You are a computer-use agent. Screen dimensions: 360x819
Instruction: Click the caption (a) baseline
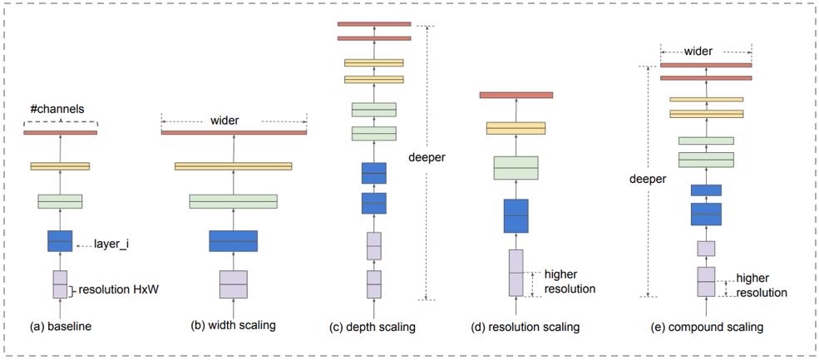tap(60, 327)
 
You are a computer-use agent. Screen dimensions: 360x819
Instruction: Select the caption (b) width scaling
tap(233, 326)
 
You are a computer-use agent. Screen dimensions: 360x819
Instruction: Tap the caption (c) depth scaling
tap(372, 327)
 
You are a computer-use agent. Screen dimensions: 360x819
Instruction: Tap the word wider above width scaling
tap(224, 121)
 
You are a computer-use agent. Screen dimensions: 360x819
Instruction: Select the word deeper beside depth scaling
tap(427, 157)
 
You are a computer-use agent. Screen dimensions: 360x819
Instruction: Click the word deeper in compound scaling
tap(648, 178)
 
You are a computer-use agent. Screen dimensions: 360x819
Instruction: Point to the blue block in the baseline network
tap(60, 241)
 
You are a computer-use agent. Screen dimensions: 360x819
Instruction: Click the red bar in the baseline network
tap(61, 133)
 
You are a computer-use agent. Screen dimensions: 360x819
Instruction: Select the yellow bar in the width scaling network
tap(233, 166)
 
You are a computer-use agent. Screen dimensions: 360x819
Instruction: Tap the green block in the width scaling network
tap(233, 201)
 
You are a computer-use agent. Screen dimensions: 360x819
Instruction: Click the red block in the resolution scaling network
tap(516, 95)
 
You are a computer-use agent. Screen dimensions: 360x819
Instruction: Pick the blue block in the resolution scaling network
tap(516, 216)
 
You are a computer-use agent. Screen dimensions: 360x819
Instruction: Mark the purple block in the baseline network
tap(60, 284)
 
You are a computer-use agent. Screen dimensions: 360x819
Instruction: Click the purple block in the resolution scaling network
tap(516, 273)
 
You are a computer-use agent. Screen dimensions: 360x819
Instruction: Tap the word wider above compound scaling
tap(698, 51)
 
